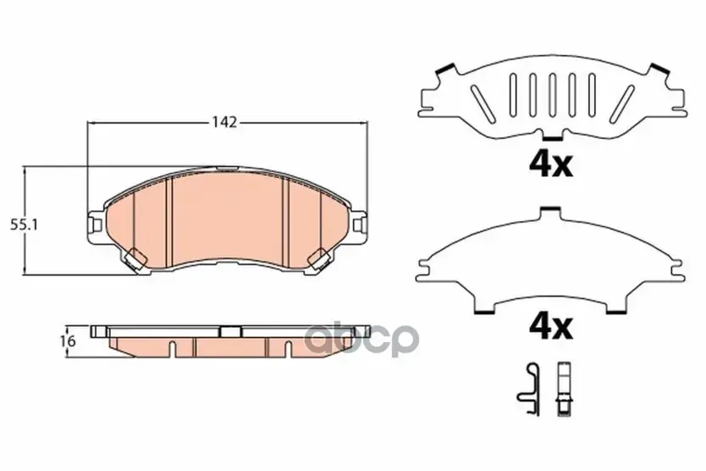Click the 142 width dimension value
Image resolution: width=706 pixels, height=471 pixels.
[x=225, y=122]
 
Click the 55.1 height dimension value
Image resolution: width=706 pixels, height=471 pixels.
[x=24, y=224]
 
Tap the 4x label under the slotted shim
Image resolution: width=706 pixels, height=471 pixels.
[x=550, y=165]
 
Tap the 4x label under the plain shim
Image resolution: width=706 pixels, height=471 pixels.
[x=550, y=327]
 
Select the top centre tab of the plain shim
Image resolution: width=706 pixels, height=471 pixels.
[x=551, y=210]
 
